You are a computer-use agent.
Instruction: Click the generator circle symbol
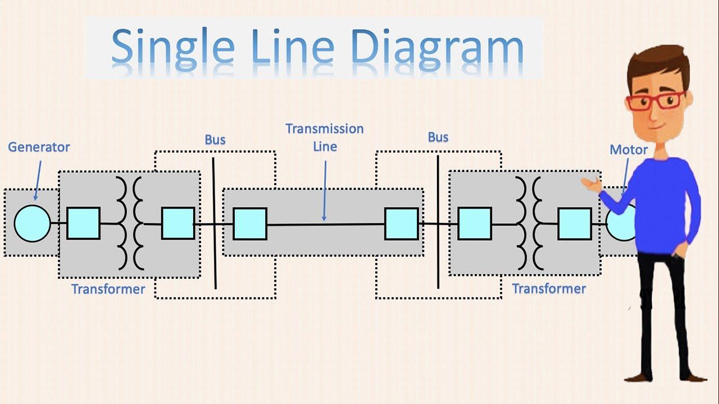(32, 223)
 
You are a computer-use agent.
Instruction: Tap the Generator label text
(39, 147)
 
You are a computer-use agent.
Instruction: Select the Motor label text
(629, 150)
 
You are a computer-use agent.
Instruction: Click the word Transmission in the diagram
(324, 128)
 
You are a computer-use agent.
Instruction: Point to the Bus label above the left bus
(215, 139)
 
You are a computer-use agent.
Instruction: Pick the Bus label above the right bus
(438, 137)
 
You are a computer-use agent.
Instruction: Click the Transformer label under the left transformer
(108, 289)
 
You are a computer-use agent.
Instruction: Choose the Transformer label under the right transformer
(549, 288)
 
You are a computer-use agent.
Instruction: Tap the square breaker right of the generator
(84, 223)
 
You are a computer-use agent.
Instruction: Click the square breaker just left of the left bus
(178, 223)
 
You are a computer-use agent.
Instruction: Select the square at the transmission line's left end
(250, 224)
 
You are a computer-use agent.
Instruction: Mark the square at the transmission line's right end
(402, 224)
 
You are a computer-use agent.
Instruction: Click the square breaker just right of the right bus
(475, 224)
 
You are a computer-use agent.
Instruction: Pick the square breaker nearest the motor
(574, 224)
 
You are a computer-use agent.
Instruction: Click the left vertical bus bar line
(214, 252)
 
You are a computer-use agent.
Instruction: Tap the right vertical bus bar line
(438, 252)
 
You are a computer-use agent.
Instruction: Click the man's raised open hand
(590, 183)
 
